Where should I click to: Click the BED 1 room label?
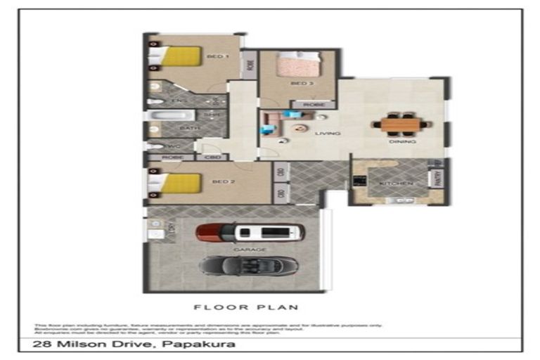pyautogui.click(x=217, y=57)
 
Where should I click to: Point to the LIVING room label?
pyautogui.click(x=328, y=134)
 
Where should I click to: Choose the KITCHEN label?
pyautogui.click(x=395, y=184)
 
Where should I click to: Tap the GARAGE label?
pyautogui.click(x=255, y=250)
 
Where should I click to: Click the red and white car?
pyautogui.click(x=251, y=233)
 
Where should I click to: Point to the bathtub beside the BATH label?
pyautogui.click(x=163, y=117)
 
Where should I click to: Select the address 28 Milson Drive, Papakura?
pyautogui.click(x=134, y=345)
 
